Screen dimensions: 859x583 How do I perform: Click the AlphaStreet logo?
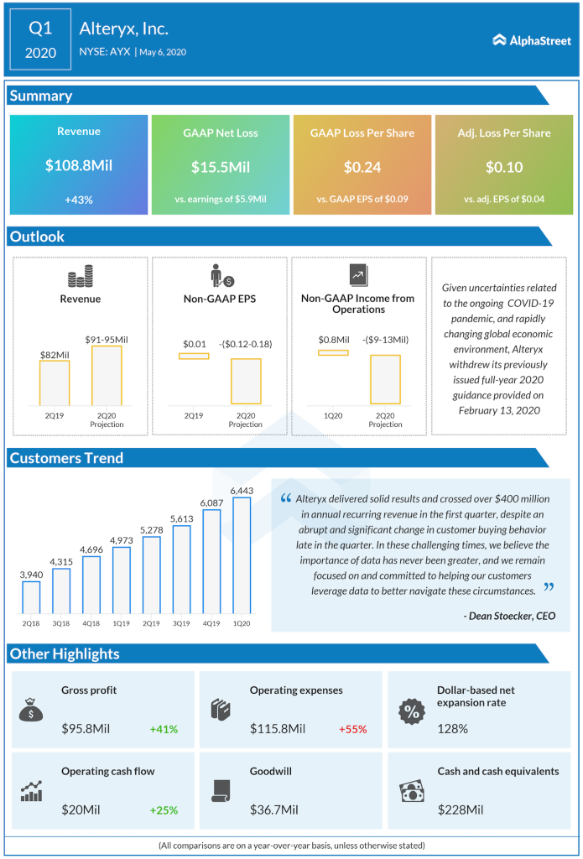pyautogui.click(x=531, y=39)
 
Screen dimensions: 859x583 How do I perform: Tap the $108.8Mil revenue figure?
pyautogui.click(x=79, y=166)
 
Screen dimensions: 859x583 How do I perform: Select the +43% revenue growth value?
pyautogui.click(x=79, y=199)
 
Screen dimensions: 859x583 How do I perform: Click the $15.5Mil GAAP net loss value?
pyautogui.click(x=221, y=167)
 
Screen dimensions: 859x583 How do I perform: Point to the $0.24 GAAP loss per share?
pyautogui.click(x=362, y=167)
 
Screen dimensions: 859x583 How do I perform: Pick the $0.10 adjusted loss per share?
pyautogui.click(x=504, y=167)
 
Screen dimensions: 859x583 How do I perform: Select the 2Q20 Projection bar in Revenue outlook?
pyautogui.click(x=107, y=377)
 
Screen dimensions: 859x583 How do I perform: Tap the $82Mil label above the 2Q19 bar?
pyautogui.click(x=55, y=355)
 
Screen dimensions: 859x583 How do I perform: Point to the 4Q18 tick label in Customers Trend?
pyautogui.click(x=91, y=622)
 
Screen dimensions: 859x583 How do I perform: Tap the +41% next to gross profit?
pyautogui.click(x=164, y=729)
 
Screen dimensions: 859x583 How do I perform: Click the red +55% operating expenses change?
pyautogui.click(x=353, y=729)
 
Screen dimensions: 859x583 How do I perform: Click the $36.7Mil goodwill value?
pyautogui.click(x=276, y=810)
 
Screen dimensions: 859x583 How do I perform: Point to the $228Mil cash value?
pyautogui.click(x=461, y=810)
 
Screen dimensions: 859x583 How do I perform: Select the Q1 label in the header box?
pyautogui.click(x=40, y=29)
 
